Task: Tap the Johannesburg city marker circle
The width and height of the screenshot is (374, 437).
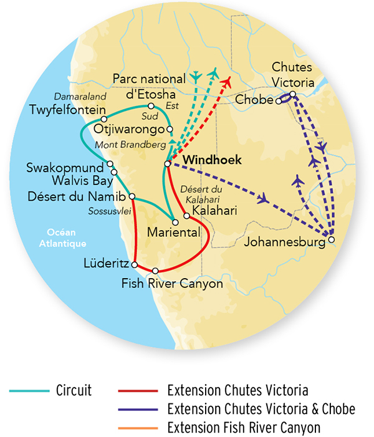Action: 332,239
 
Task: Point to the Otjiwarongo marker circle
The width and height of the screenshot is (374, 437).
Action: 170,129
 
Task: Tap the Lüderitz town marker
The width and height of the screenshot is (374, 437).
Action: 135,265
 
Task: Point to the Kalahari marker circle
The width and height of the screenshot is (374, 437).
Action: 186,216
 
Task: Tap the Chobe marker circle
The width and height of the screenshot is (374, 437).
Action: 279,100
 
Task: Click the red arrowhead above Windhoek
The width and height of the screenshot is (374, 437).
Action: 228,80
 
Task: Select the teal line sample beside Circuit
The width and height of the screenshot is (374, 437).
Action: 29,391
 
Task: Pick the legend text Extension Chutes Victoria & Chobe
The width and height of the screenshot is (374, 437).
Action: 261,409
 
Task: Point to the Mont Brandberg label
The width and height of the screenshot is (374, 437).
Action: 129,145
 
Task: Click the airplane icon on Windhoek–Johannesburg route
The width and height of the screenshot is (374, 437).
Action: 265,199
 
